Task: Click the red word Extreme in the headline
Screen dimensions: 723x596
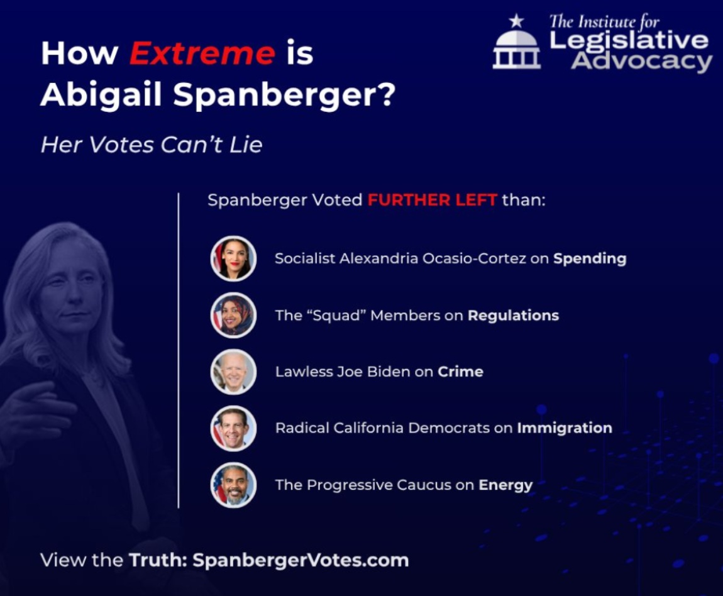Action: pyautogui.click(x=202, y=53)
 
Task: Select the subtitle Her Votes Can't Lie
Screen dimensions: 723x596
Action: pyautogui.click(x=152, y=145)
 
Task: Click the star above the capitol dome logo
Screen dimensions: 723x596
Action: pyautogui.click(x=516, y=21)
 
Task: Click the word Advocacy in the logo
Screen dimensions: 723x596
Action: pyautogui.click(x=642, y=62)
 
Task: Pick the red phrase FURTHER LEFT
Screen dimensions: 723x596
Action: pyautogui.click(x=432, y=200)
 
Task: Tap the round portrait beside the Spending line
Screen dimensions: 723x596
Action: pyautogui.click(x=233, y=258)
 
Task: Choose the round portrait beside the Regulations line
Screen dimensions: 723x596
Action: pyautogui.click(x=233, y=315)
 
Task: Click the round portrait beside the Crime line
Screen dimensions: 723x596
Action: pyautogui.click(x=233, y=372)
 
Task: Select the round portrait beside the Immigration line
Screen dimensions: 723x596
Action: pyautogui.click(x=233, y=428)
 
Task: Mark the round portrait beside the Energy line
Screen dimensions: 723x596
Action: pyautogui.click(x=233, y=485)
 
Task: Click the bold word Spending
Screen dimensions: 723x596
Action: pyautogui.click(x=590, y=258)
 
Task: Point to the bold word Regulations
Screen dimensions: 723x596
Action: pyautogui.click(x=513, y=316)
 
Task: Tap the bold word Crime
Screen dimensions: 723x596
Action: pyautogui.click(x=461, y=372)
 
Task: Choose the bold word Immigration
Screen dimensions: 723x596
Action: pyautogui.click(x=565, y=428)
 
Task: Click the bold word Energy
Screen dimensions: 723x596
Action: pyautogui.click(x=505, y=485)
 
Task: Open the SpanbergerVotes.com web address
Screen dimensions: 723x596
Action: pyautogui.click(x=301, y=561)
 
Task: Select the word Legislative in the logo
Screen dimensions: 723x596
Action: pyautogui.click(x=629, y=41)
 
